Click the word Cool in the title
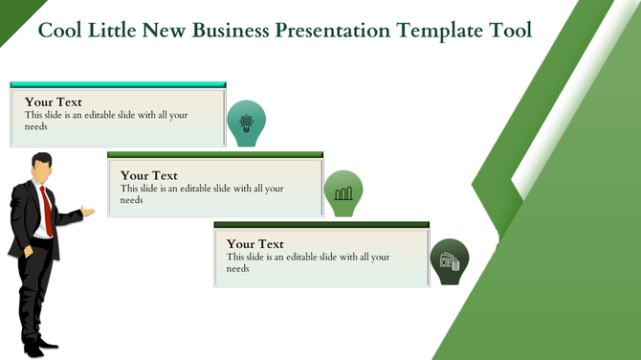(x=58, y=31)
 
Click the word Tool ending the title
(x=510, y=31)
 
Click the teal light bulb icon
(x=246, y=123)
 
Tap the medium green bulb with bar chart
(x=343, y=191)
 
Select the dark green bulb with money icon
(x=448, y=260)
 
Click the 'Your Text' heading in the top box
(x=54, y=101)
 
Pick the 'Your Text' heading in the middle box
(x=149, y=175)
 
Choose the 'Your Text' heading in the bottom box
(x=255, y=244)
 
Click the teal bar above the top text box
(x=118, y=85)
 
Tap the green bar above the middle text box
(x=215, y=154)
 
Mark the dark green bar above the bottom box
(x=321, y=224)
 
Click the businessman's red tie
(x=45, y=210)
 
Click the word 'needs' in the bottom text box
(x=238, y=269)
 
